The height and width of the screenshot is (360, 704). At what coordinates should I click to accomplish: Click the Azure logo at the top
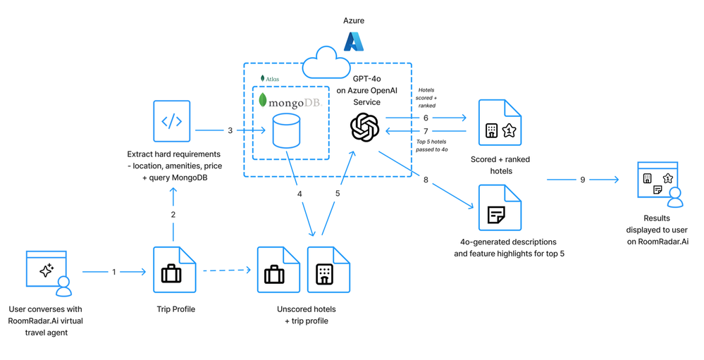[354, 42]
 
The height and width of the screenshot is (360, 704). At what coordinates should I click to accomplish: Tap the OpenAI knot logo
[364, 128]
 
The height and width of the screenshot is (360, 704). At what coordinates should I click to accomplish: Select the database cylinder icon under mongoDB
[286, 131]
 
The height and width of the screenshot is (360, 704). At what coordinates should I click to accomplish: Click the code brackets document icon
[172, 121]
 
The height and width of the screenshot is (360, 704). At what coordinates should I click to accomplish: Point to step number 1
[114, 272]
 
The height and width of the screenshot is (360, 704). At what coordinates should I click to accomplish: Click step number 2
[173, 214]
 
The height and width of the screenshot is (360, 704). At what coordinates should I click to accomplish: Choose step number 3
[230, 130]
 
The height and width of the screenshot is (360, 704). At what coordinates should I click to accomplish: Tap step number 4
[299, 194]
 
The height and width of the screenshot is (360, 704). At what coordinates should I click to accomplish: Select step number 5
[338, 194]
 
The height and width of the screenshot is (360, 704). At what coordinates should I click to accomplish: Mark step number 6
[426, 118]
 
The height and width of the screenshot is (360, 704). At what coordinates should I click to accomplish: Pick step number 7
[426, 131]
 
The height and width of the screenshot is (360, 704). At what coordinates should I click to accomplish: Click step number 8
[426, 180]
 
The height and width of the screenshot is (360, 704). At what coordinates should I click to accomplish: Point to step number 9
[583, 180]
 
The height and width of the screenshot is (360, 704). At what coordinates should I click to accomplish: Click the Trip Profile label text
[175, 309]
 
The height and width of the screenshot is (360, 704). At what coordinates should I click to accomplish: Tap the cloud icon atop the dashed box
[326, 63]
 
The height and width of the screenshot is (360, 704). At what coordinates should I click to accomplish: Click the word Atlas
[272, 79]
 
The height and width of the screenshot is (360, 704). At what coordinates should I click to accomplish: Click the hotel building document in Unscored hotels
[328, 270]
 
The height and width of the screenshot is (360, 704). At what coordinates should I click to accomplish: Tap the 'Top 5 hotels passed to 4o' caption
[432, 146]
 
